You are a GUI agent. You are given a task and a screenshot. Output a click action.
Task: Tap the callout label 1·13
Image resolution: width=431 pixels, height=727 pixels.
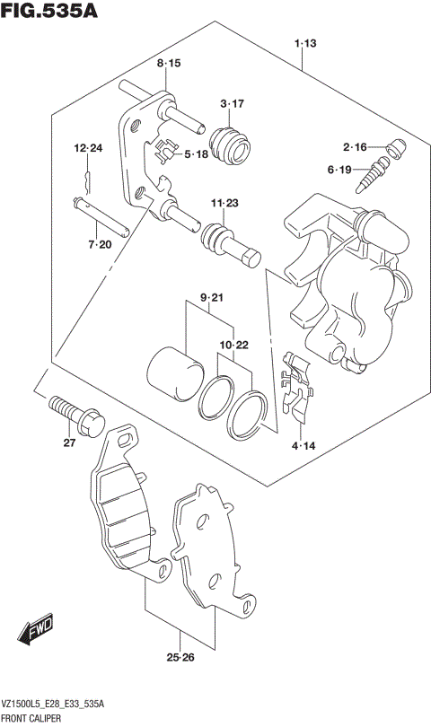coord(303,43)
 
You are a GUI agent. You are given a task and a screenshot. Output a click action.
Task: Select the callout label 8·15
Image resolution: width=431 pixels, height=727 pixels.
coord(169,63)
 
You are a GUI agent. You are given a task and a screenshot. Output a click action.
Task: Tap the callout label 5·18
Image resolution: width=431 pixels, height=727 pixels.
coord(196,154)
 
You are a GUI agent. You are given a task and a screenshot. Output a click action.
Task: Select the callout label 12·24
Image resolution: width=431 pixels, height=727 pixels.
coord(89,147)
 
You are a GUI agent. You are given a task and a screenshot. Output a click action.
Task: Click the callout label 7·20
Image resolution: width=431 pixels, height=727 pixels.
coord(99,243)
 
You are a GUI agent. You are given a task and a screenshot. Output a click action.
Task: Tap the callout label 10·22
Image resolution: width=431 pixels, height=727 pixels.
coord(233,345)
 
